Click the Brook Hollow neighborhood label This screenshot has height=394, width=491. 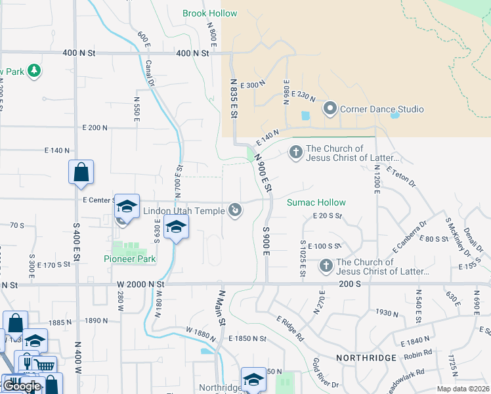point(209,13)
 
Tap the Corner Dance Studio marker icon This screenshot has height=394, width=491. point(330,109)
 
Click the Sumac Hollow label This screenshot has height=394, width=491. point(316,203)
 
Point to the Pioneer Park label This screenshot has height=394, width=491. point(130,259)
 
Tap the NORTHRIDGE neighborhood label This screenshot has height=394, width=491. point(366,358)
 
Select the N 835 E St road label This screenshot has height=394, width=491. point(233,98)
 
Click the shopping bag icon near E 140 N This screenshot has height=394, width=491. point(81,173)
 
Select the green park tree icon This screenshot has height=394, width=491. point(33,71)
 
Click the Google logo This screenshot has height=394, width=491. point(22,386)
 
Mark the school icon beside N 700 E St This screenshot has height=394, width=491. point(175,227)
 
